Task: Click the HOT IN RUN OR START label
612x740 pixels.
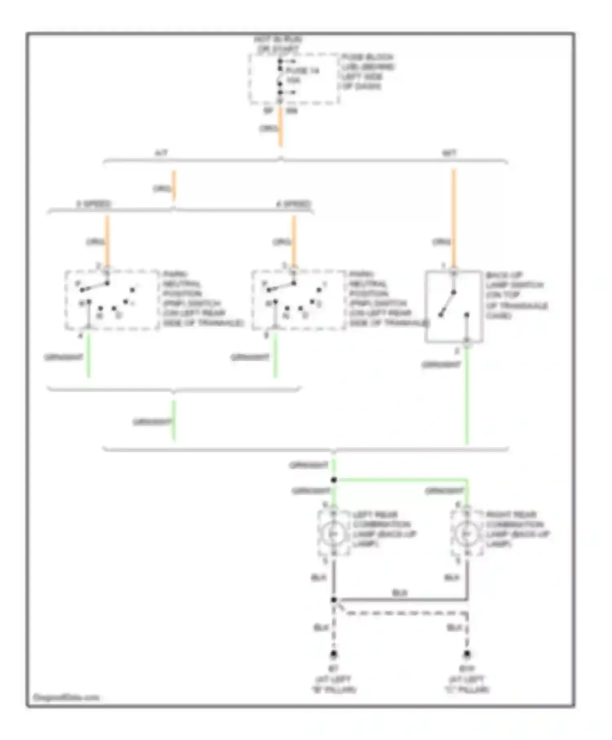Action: [x=278, y=44]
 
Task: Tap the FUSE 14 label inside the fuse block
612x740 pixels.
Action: [x=302, y=71]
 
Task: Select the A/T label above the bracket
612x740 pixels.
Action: [x=161, y=153]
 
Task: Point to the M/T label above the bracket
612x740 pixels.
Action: [x=449, y=153]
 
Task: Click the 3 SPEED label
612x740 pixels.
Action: [x=93, y=204]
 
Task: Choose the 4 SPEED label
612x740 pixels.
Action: [x=294, y=204]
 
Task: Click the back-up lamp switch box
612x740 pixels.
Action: [x=454, y=306]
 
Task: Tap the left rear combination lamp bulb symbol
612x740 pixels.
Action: [x=334, y=534]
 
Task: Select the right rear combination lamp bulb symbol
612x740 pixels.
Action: [x=467, y=534]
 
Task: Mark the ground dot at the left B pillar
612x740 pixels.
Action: [x=334, y=655]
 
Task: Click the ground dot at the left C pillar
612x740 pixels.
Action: [x=467, y=655]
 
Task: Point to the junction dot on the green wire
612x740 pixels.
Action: [x=334, y=480]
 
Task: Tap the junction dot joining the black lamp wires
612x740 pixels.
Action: [x=334, y=600]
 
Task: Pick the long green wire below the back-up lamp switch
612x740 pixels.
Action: [x=467, y=396]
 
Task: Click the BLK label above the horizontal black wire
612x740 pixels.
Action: [x=399, y=592]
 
